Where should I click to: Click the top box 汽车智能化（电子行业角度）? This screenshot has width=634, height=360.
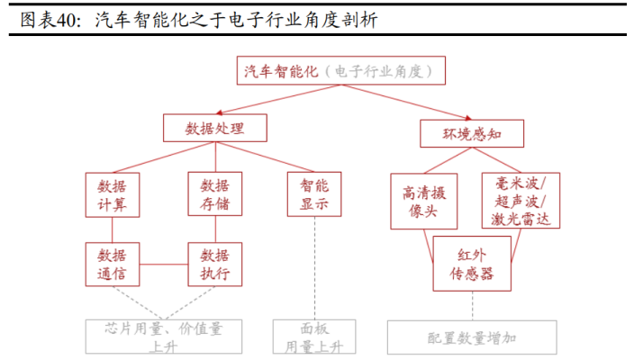tap(340, 71)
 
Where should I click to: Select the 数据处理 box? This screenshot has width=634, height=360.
tap(214, 128)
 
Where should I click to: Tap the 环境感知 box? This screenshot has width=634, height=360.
tap(472, 134)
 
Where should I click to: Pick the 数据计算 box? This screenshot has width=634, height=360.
tap(113, 195)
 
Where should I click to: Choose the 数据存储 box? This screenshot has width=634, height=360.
tap(215, 193)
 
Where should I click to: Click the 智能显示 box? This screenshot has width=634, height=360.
tap(314, 194)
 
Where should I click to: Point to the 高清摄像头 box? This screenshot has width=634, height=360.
tap(424, 202)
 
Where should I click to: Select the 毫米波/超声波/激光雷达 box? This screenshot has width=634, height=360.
tap(521, 201)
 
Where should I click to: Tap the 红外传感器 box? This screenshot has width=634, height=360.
tap(472, 264)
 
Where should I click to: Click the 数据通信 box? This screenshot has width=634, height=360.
tap(113, 265)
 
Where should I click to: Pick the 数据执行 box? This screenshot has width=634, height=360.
tap(215, 265)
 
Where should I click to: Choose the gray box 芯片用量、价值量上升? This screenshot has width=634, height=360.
tap(164, 337)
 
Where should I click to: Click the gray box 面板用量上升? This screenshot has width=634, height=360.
tap(314, 337)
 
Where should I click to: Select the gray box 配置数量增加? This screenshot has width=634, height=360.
tap(472, 337)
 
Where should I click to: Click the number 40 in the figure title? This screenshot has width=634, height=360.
tap(67, 20)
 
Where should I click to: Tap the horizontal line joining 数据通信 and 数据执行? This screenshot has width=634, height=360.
tap(164, 265)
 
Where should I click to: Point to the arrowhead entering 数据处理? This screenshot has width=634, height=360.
tap(219, 112)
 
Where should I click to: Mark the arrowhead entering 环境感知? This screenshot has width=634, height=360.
tap(468, 118)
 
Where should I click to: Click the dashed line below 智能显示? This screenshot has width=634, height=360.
tap(314, 268)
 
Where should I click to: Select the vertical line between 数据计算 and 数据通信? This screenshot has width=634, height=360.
tap(112, 229)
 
